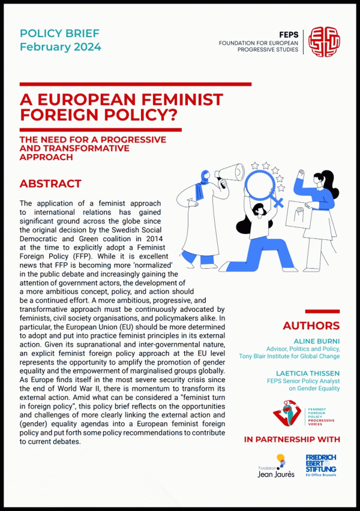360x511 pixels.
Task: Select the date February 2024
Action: tap(61, 47)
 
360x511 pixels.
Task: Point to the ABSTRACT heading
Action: tap(50, 184)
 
